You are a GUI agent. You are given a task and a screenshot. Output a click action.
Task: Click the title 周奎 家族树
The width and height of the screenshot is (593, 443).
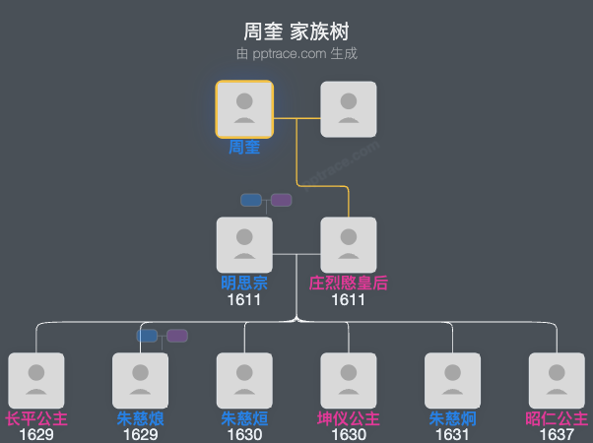(x=296, y=32)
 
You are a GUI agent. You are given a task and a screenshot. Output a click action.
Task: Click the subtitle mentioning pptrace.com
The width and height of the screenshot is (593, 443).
(x=296, y=54)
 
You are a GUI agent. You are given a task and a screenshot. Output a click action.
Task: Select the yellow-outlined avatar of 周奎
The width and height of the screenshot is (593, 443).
(x=244, y=108)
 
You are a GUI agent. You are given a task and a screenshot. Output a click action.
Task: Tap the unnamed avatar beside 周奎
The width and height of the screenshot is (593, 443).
(x=349, y=108)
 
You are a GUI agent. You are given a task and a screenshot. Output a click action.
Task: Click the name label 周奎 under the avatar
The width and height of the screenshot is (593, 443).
(x=244, y=148)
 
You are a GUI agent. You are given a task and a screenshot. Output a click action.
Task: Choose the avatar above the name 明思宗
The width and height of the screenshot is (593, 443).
(x=244, y=244)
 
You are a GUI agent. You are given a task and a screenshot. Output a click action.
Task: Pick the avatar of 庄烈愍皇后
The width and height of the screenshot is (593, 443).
(x=349, y=244)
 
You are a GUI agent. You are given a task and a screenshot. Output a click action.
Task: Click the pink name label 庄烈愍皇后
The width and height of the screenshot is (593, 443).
(x=349, y=284)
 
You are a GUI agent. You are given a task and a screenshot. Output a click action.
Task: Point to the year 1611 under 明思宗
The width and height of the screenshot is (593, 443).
(x=244, y=299)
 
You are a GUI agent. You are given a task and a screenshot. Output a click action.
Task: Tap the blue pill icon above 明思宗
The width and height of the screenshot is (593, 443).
(x=251, y=200)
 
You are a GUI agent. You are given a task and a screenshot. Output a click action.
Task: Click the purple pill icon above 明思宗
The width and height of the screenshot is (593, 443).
(x=282, y=200)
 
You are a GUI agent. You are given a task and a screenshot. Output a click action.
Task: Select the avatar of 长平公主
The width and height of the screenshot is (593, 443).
(x=36, y=380)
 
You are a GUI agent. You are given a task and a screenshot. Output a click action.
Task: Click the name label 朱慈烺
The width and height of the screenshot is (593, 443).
(x=140, y=418)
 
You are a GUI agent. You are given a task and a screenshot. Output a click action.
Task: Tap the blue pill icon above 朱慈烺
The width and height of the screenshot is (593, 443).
(x=147, y=336)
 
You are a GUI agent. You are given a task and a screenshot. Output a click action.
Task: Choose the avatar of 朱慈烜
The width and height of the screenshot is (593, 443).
(x=244, y=380)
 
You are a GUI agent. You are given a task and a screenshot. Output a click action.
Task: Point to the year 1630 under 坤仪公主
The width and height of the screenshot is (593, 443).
(x=349, y=434)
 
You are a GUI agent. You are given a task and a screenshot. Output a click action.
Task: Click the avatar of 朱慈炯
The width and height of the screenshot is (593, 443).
(x=453, y=380)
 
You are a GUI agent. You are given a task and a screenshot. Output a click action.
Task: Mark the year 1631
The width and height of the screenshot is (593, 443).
(x=453, y=434)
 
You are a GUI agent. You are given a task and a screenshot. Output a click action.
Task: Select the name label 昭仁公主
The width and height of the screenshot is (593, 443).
(x=557, y=418)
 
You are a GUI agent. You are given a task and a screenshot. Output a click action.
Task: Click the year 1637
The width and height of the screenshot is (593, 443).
(x=557, y=434)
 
